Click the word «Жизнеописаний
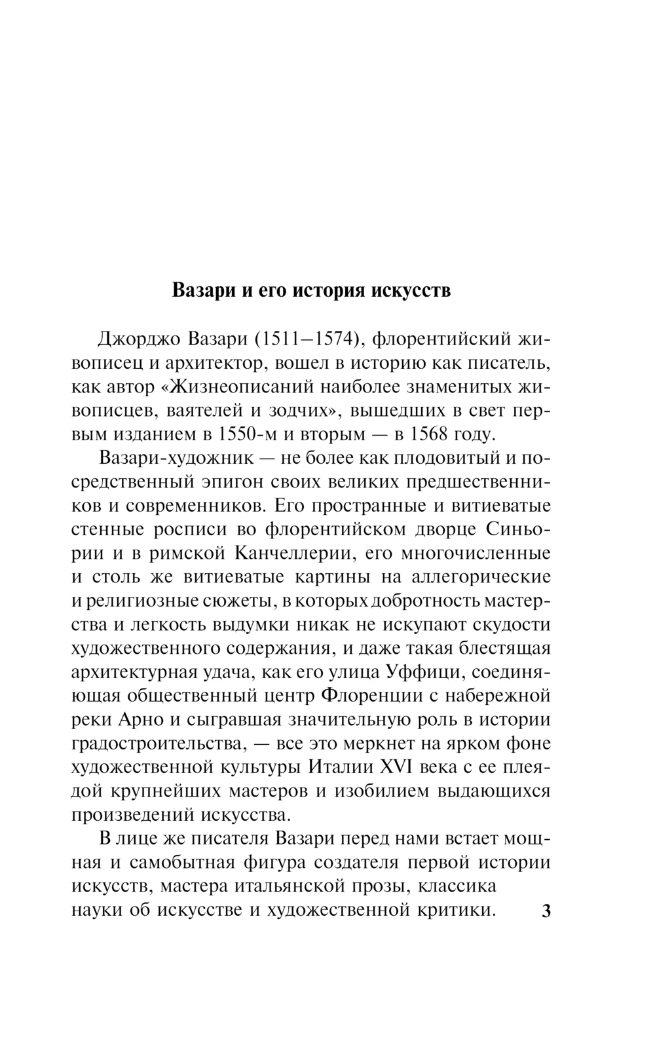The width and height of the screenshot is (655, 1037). (x=225, y=387)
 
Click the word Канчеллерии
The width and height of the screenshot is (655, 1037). (x=293, y=554)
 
